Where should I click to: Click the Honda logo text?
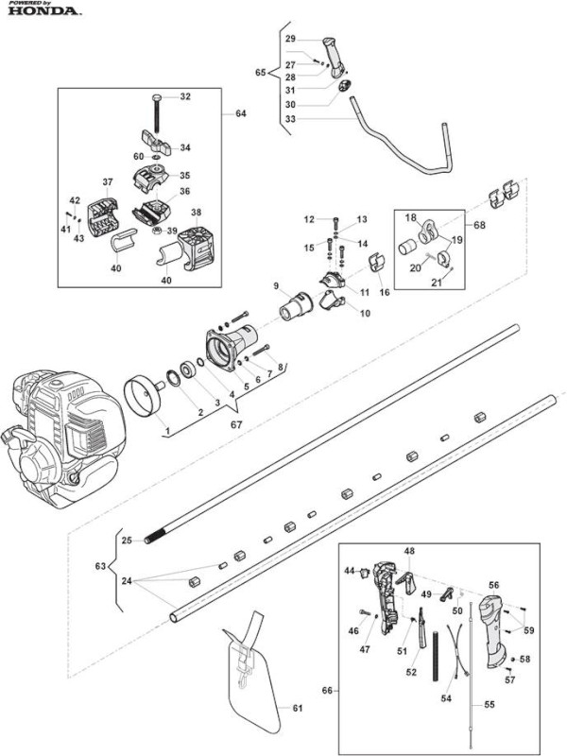click(x=43, y=10)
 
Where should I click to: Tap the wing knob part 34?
click(x=156, y=143)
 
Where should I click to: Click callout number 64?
click(x=241, y=113)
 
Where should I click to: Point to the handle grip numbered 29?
click(x=334, y=57)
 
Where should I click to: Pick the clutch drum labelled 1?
click(x=145, y=396)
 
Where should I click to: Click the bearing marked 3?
click(x=187, y=371)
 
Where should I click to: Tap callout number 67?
click(x=236, y=424)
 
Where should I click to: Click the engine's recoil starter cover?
click(x=38, y=469)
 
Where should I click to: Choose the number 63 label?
click(x=100, y=566)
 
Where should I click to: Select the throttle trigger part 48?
click(x=406, y=582)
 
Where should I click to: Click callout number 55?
click(x=490, y=704)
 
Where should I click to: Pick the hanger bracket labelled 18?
click(x=427, y=232)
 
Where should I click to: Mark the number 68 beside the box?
click(x=480, y=225)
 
